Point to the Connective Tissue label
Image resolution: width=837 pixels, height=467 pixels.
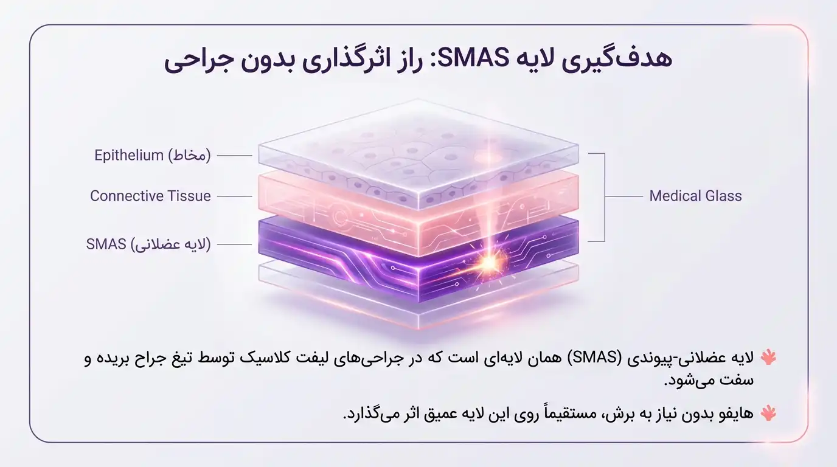(x=150, y=196)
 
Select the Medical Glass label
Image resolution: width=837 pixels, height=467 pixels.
(x=695, y=196)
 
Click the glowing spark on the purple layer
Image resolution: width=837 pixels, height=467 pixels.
(x=487, y=262)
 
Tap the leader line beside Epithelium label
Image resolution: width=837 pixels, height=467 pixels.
(x=234, y=156)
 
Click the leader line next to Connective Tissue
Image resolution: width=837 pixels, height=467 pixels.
(x=234, y=196)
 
